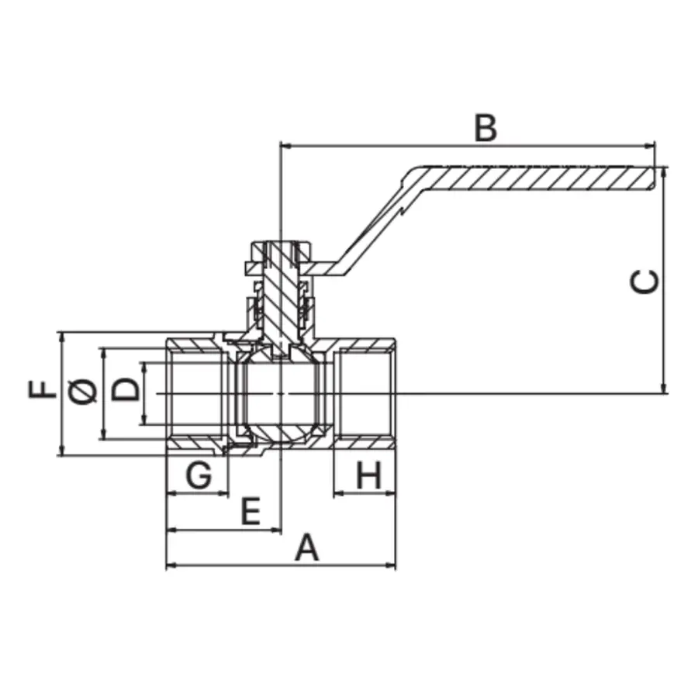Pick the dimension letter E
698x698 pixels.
pyautogui.click(x=249, y=512)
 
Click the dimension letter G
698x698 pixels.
pyautogui.click(x=199, y=475)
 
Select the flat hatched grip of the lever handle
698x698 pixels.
pyautogui.click(x=535, y=178)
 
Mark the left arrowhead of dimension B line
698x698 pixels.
pyautogui.click(x=283, y=144)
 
